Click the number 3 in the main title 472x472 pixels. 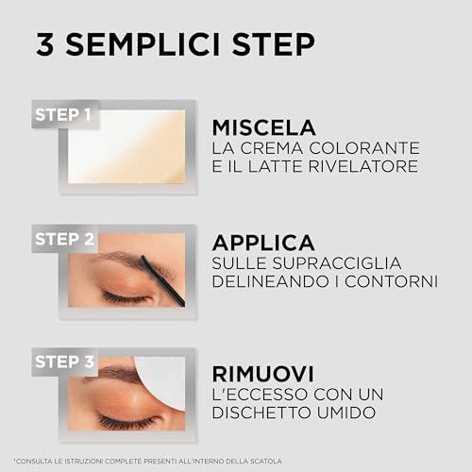(44, 44)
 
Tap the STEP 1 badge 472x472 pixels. (62, 116)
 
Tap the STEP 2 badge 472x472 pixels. (62, 239)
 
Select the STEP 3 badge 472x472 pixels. (62, 362)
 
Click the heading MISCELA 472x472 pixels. (263, 127)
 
